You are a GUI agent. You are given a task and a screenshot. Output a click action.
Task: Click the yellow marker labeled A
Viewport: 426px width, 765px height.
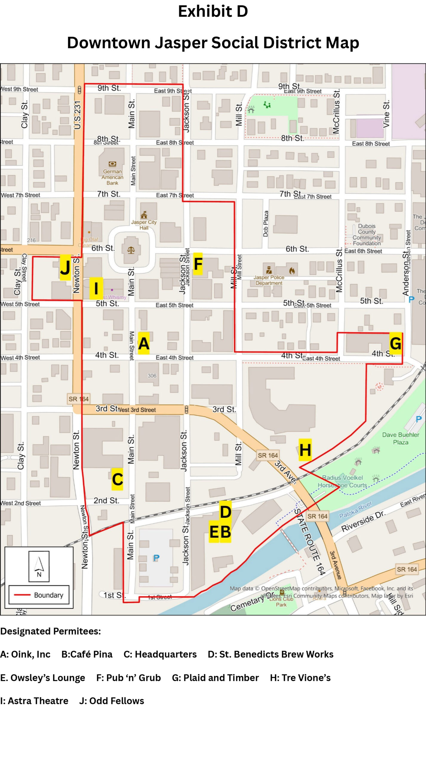[144, 343]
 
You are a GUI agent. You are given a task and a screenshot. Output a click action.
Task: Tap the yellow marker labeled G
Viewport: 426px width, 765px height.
[396, 343]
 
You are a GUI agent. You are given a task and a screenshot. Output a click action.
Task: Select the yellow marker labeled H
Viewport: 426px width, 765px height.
[305, 450]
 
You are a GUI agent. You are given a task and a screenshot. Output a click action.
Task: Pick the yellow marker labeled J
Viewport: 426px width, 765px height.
[65, 267]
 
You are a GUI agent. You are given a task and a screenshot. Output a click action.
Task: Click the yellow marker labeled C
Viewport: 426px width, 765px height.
[117, 479]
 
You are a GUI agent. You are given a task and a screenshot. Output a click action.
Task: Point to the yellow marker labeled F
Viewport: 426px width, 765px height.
[198, 264]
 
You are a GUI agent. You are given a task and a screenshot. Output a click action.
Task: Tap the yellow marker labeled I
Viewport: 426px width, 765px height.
[96, 288]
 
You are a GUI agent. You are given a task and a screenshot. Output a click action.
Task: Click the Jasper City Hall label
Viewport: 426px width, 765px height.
[144, 225]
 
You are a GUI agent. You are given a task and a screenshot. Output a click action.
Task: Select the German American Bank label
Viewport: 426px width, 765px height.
[112, 177]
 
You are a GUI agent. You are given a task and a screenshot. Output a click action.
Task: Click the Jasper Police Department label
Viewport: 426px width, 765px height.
[269, 280]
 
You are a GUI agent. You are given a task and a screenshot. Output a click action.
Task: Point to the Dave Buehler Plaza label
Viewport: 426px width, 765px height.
[401, 438]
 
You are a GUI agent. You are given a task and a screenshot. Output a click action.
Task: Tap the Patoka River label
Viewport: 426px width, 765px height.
[356, 510]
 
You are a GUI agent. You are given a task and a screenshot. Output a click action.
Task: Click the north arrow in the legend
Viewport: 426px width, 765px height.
[39, 566]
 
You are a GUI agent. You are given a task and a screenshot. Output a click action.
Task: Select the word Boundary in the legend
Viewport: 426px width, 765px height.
[49, 595]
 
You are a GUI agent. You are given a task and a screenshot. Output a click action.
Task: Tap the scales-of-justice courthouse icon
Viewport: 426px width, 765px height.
[131, 250]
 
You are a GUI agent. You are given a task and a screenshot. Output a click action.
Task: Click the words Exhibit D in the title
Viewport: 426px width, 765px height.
[213, 11]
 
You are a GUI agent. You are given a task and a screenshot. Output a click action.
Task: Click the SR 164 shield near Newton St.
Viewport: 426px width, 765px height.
[79, 399]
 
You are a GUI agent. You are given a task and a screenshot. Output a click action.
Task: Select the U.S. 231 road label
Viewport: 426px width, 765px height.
[77, 115]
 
